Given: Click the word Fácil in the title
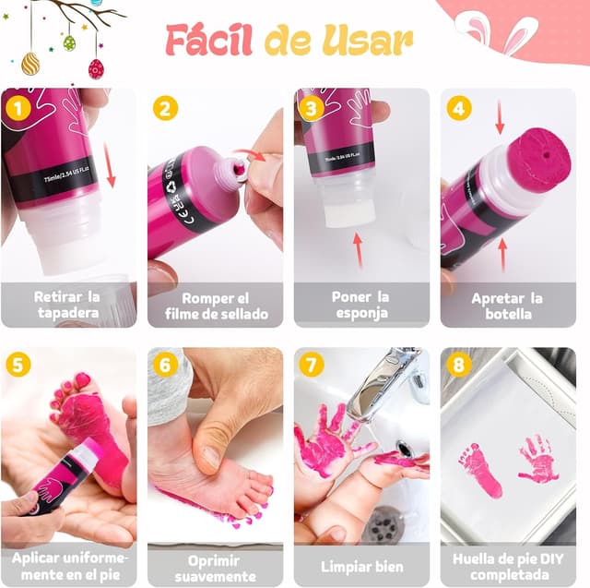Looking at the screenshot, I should [211, 41].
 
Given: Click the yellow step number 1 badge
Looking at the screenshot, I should [18, 108].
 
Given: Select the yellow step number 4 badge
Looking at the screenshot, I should [458, 108].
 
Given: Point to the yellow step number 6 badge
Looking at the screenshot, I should [164, 366].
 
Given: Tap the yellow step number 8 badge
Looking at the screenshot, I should [458, 366].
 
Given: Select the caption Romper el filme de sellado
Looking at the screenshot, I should [215, 306].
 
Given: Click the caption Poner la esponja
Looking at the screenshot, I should [360, 306].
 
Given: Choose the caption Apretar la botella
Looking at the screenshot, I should [507, 306].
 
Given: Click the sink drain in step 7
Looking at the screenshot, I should [383, 526].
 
